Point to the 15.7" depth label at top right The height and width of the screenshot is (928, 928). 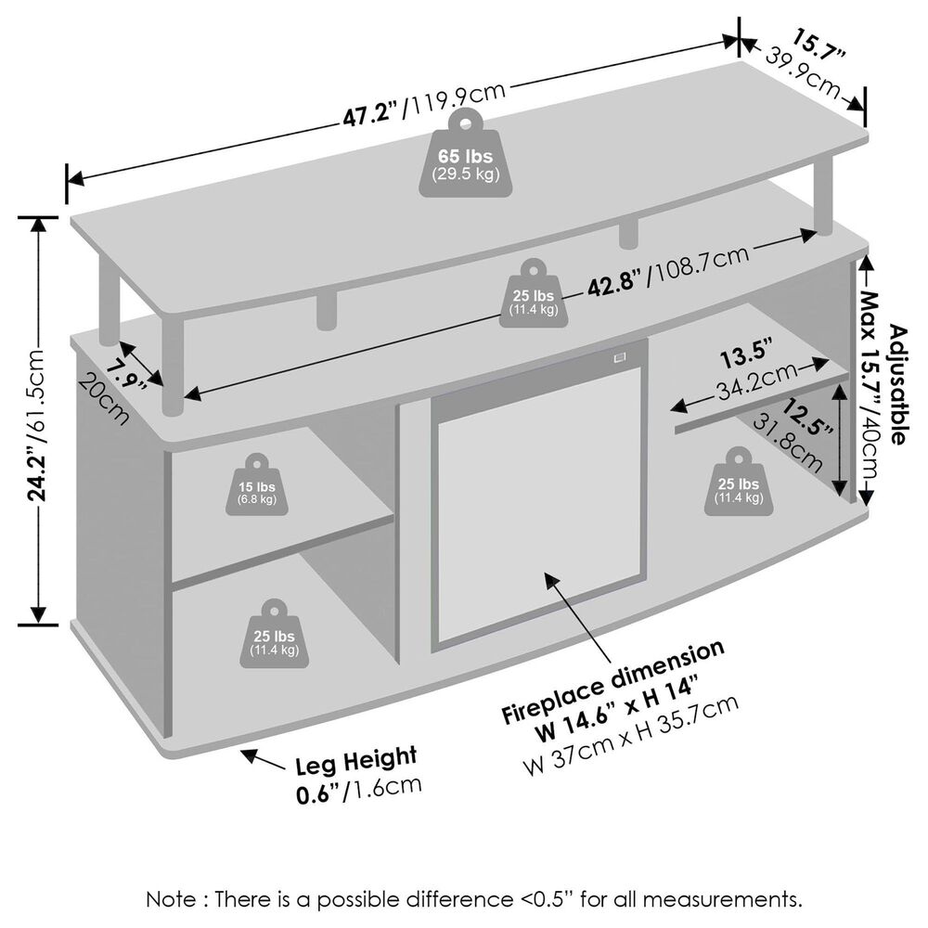click(x=818, y=46)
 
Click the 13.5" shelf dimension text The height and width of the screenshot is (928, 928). click(x=747, y=356)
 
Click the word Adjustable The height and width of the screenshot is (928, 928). click(x=897, y=385)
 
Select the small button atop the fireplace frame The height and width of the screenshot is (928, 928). click(x=619, y=355)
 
